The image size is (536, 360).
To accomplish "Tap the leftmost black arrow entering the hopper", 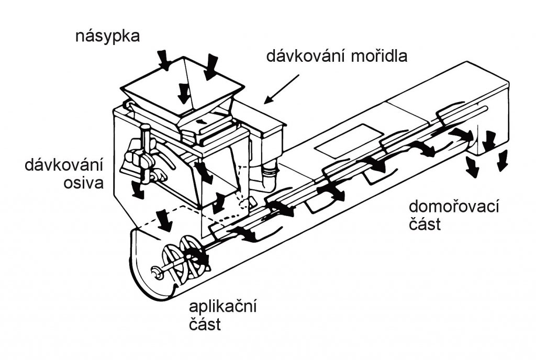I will click(x=165, y=61).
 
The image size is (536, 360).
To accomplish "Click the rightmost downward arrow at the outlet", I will click(x=502, y=160).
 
